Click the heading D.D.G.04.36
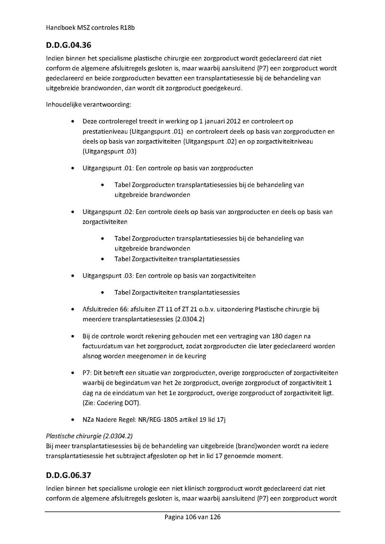coord(69,44)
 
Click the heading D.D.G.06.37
coord(69,475)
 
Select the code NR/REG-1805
coord(159,420)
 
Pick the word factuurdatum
coord(102,346)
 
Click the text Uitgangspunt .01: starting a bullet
coord(107,168)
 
